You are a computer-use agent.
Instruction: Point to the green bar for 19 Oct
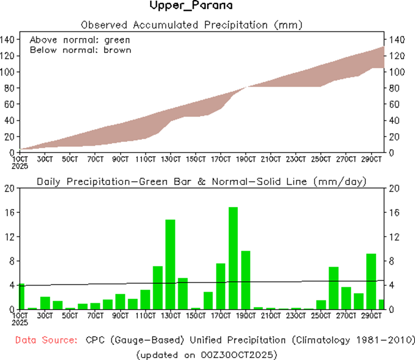tap(246, 280)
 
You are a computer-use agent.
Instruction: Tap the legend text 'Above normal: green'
tap(80, 40)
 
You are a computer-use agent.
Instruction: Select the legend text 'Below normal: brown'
tap(80, 50)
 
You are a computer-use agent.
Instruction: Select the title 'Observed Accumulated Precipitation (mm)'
tap(191, 25)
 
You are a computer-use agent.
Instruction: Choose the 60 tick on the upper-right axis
tap(394, 104)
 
